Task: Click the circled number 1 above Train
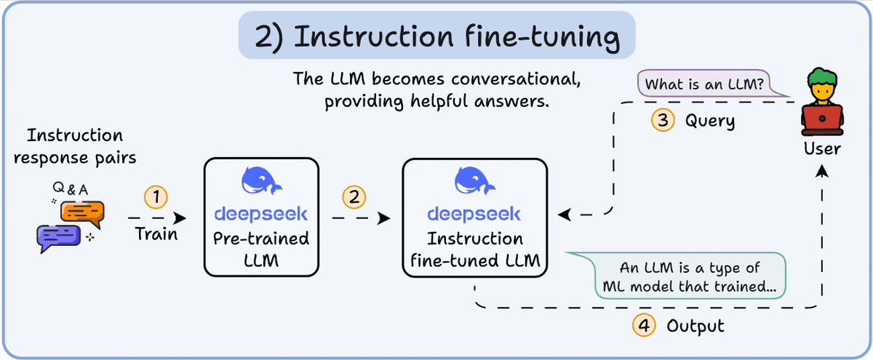click(x=156, y=196)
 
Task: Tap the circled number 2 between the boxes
click(x=354, y=196)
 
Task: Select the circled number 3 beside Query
click(x=663, y=121)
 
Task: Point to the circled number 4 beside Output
click(x=643, y=326)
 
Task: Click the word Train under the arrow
click(x=156, y=234)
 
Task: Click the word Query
click(x=710, y=121)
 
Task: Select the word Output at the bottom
click(x=696, y=326)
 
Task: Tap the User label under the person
click(x=823, y=149)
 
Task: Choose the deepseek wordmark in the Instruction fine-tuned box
click(x=474, y=214)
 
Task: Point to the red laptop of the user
click(x=822, y=119)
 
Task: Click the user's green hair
click(x=822, y=77)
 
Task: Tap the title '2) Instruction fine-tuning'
click(x=436, y=37)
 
